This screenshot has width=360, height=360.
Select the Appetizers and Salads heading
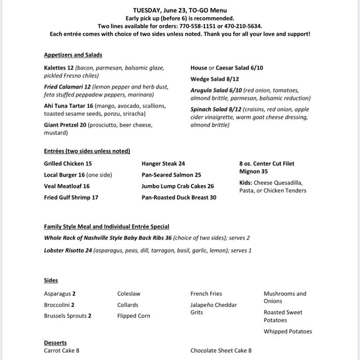[73, 55]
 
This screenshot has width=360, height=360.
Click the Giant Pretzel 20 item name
[65, 125]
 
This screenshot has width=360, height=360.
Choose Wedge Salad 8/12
[215, 79]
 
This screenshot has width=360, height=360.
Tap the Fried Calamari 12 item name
[67, 87]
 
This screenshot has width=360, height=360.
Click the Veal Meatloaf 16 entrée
[67, 186]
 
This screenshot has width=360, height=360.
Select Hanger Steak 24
[163, 164]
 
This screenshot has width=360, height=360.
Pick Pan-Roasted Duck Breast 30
[179, 197]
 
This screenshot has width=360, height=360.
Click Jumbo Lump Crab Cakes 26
[178, 186]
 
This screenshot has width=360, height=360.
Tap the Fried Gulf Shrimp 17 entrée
[71, 197]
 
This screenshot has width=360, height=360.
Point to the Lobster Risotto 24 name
[68, 250]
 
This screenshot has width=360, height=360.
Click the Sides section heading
[51, 280]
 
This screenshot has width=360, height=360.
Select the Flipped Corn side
[134, 316]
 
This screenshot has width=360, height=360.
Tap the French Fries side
[206, 294]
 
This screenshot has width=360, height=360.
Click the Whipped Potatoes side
[288, 331]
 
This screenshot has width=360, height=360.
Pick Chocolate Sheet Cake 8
[221, 350]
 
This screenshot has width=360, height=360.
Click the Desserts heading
[55, 343]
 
